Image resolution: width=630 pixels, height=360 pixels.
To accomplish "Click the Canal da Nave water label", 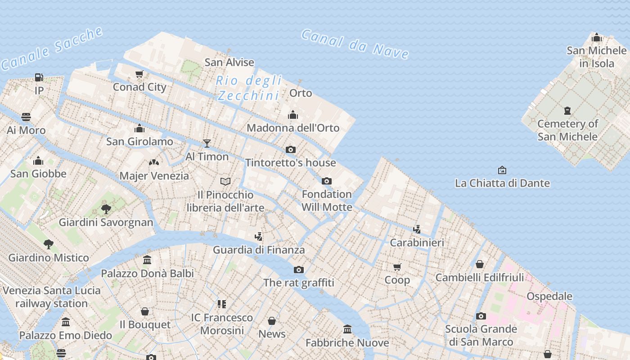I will [355, 44].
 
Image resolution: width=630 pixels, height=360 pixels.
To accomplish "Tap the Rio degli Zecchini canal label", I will [248, 88].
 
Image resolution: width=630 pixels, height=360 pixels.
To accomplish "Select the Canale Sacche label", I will [52, 49].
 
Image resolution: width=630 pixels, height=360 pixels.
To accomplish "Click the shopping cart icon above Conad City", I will [139, 74].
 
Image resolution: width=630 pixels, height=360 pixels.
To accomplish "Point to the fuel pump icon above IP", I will [39, 77].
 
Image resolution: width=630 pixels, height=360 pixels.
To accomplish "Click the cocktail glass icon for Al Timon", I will [207, 144].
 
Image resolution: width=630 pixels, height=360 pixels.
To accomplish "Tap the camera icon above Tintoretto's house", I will [291, 149].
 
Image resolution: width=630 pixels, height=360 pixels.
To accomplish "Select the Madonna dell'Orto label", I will [293, 128].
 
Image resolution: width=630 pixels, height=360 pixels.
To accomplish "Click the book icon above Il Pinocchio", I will [225, 181].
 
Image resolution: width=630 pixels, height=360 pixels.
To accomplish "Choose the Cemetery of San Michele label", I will [567, 130].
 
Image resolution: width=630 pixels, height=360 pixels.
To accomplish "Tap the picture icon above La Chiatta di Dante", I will [502, 170].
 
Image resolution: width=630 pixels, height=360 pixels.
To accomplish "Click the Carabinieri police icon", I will [417, 229].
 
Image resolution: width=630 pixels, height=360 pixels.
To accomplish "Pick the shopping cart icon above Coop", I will [397, 267].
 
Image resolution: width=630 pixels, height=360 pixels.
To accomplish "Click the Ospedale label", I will [549, 296].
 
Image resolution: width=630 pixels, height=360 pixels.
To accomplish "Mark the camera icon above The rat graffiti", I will [298, 270].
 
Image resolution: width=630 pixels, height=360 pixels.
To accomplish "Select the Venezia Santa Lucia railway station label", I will [52, 297].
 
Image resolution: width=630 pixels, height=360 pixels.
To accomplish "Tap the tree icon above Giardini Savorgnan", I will [106, 209].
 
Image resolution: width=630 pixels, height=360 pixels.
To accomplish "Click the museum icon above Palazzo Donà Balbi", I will [147, 260].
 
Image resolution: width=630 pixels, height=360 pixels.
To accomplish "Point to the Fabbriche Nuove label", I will [347, 343].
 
